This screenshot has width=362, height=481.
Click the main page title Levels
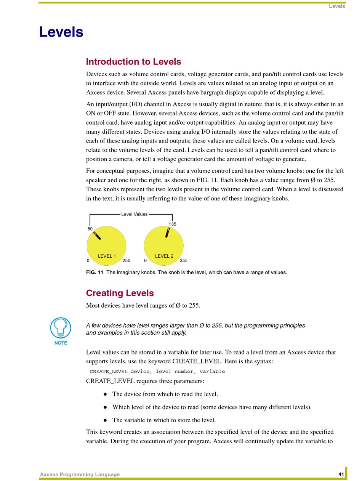[61, 32]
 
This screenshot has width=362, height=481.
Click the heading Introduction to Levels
[133, 62]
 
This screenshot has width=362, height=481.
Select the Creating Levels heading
[120, 293]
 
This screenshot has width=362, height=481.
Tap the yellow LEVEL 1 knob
[106, 245]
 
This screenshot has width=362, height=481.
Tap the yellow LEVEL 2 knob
[164, 245]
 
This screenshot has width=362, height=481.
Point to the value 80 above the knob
[90, 229]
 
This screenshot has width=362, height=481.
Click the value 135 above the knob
[172, 224]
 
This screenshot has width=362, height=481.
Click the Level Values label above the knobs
[134, 214]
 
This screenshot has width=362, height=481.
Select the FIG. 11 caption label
[95, 273]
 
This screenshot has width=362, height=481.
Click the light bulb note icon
[61, 327]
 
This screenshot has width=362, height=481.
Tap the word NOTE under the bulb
[61, 343]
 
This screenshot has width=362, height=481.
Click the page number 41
[341, 474]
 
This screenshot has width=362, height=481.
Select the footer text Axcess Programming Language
[80, 475]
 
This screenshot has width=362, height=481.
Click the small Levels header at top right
[337, 6]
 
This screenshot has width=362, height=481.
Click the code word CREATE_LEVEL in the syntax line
[108, 371]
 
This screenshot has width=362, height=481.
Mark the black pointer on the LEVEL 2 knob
[167, 232]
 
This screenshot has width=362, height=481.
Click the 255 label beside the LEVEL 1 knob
[126, 261]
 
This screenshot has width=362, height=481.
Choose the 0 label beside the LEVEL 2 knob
[145, 261]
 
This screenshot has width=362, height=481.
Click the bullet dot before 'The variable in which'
[105, 420]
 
